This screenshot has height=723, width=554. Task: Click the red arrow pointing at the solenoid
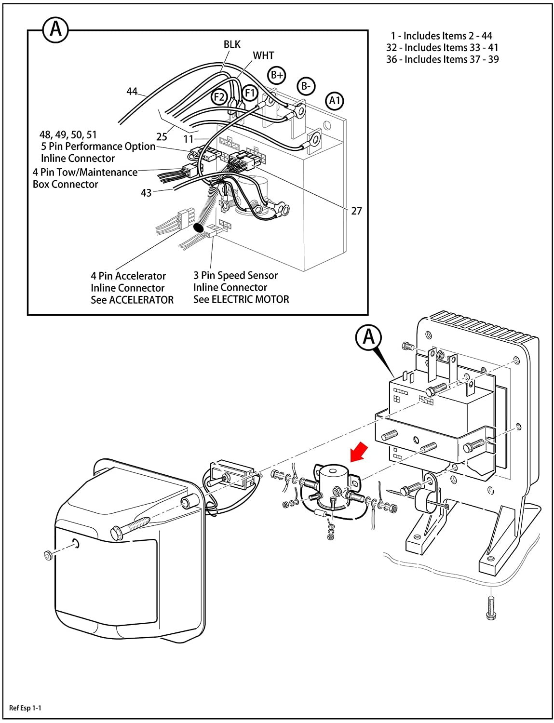[x=359, y=452]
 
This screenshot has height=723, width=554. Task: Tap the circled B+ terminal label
[x=276, y=75]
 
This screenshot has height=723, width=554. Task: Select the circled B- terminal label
[x=306, y=86]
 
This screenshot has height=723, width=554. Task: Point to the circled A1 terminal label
[x=335, y=100]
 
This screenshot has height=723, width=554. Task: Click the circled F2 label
[x=219, y=97]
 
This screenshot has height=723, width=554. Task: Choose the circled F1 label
[x=250, y=93]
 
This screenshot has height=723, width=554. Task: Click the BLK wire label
[x=232, y=44]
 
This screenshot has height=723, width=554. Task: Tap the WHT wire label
[x=263, y=55]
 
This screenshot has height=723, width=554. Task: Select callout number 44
[x=132, y=91]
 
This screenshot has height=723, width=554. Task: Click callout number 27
[x=356, y=211]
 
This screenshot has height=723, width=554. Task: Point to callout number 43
[x=146, y=193]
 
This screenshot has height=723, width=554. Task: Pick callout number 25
[x=162, y=137]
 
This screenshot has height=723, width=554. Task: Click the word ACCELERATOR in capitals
[x=141, y=300]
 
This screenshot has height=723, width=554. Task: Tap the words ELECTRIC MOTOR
[x=250, y=299]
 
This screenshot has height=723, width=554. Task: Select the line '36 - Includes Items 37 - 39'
[x=442, y=59]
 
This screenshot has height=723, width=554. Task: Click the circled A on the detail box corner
[x=55, y=29]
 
